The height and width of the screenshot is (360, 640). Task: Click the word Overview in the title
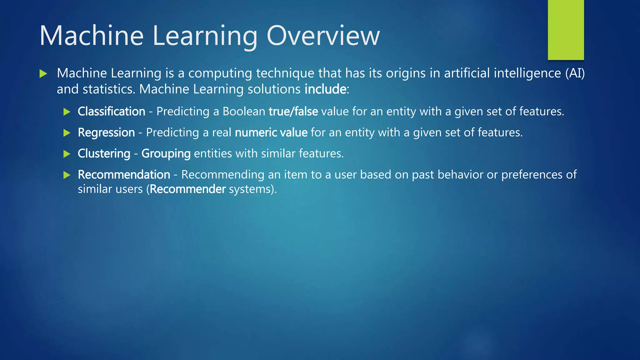[x=323, y=36]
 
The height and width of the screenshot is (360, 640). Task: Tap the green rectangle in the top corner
[x=566, y=30]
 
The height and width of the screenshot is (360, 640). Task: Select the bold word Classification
[x=111, y=112]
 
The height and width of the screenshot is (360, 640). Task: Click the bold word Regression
[x=106, y=132]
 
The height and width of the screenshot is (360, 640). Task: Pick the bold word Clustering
[x=104, y=153]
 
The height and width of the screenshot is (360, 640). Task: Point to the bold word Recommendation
[x=124, y=175]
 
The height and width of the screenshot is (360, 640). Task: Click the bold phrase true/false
[x=293, y=112]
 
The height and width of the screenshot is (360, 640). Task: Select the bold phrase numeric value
[x=271, y=132]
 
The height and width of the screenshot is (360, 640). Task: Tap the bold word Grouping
[x=166, y=153]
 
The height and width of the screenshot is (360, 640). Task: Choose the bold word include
[x=325, y=89]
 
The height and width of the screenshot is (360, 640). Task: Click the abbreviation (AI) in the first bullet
[x=575, y=73]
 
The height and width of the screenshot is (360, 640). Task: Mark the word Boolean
[x=244, y=112]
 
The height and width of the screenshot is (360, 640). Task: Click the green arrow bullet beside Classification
[x=67, y=112]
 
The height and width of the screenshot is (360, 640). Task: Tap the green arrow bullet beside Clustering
[x=67, y=154]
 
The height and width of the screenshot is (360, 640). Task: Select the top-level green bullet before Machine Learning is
[x=43, y=74]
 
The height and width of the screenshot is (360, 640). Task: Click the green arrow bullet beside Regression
[x=67, y=133]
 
